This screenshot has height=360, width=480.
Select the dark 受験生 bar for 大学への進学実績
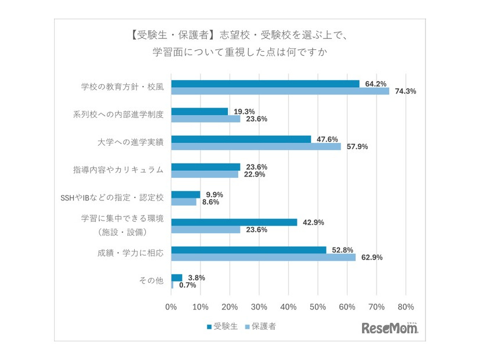click(241, 139)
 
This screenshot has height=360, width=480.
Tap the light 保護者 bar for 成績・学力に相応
click(263, 257)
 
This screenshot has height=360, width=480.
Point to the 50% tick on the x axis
click(318, 307)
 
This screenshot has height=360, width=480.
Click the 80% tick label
click(406, 307)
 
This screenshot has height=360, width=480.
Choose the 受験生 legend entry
click(220, 326)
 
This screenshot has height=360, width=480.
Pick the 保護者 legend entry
click(260, 326)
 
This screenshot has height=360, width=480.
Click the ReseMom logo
click(389, 328)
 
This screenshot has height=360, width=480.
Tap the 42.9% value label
click(313, 222)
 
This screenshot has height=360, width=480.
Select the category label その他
click(151, 281)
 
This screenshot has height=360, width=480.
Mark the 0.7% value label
click(188, 285)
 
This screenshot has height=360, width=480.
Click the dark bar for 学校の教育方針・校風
click(265, 84)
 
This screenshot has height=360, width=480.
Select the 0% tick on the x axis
click(171, 307)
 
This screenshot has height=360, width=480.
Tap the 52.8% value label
click(342, 250)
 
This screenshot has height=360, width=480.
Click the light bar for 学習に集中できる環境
click(206, 229)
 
